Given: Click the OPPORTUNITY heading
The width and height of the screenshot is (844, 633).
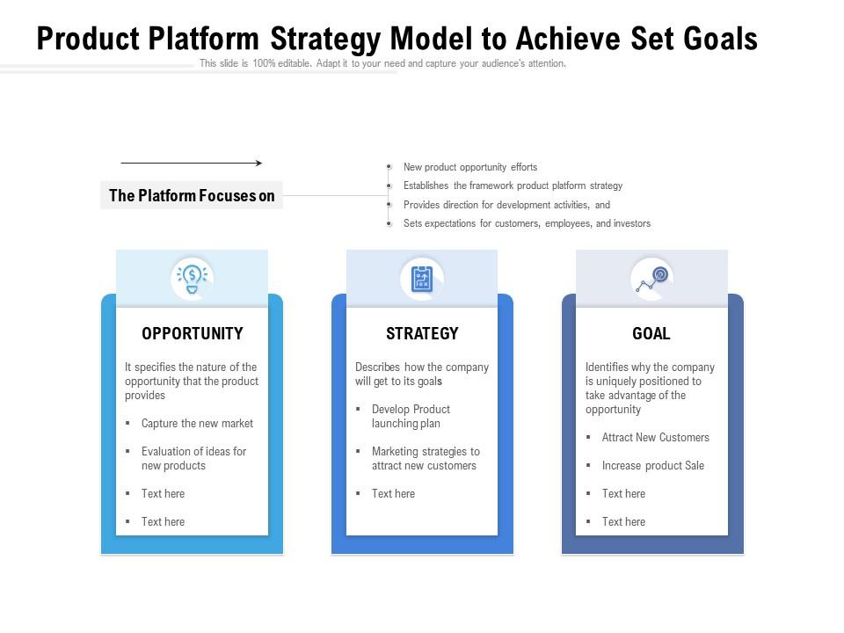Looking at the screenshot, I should (192, 333).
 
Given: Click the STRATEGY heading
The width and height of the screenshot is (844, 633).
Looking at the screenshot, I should (422, 333).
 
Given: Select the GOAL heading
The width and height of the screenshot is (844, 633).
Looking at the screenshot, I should (651, 333).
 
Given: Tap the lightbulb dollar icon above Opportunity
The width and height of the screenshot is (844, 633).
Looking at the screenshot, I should (192, 279).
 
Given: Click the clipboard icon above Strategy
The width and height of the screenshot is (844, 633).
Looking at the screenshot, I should (422, 279).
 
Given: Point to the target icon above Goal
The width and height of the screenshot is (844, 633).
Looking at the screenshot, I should (652, 279).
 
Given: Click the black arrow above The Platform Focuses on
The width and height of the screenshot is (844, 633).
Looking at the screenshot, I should (191, 163).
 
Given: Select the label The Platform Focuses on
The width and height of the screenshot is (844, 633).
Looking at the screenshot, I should (192, 195).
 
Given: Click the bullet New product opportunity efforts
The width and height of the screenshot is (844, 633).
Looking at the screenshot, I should (469, 167).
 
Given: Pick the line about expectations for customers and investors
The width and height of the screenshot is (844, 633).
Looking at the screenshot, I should (527, 223).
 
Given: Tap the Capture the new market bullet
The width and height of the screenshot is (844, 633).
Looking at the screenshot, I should (197, 423).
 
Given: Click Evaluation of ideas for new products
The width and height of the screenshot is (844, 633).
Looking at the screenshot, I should (193, 458).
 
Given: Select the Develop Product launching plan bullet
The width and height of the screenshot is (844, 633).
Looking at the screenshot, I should (411, 416).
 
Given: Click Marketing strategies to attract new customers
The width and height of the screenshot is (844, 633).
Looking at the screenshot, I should (426, 458).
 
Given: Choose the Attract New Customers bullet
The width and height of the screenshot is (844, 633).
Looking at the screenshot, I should (655, 437).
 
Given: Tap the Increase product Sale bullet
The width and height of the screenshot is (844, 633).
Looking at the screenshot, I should (652, 465).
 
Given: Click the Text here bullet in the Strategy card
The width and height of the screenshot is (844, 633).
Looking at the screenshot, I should (393, 493).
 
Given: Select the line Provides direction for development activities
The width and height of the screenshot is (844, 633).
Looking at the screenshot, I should (506, 205).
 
